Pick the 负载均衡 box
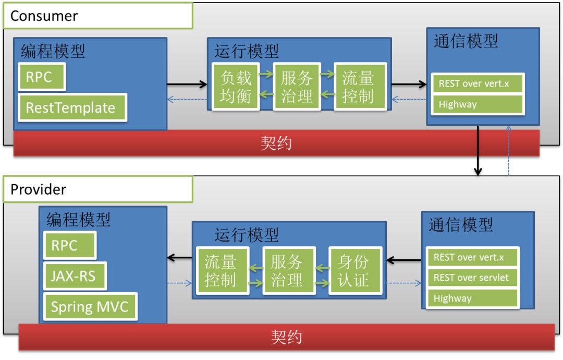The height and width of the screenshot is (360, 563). tap(236, 87)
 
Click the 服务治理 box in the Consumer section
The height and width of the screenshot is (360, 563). tap(297, 87)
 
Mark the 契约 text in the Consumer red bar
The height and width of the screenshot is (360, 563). tap(276, 143)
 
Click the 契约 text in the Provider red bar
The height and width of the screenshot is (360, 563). tap(286, 337)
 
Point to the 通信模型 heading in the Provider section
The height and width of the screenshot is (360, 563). tap(461, 225)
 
